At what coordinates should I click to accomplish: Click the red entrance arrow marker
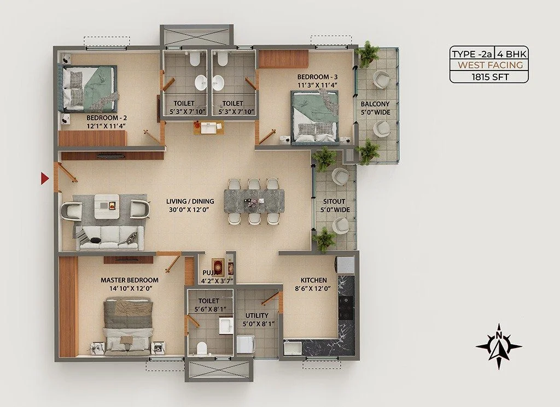44,178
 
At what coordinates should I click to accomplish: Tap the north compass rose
499,346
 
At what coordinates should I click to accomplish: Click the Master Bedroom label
129,280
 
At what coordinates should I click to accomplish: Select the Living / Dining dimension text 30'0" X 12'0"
189,210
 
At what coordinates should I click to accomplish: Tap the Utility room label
257,316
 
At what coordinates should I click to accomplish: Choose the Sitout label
334,201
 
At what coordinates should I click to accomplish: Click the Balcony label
375,104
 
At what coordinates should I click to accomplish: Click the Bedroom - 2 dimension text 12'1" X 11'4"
107,126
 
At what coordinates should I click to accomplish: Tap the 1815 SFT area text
490,76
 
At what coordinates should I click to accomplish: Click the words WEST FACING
491,65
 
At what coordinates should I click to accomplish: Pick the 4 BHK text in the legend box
511,54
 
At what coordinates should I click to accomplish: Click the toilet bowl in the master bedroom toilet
202,348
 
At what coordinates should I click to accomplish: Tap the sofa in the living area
109,238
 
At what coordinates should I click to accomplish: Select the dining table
254,201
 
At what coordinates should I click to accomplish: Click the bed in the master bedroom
128,326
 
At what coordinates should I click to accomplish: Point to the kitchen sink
293,348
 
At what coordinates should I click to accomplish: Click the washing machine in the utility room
246,344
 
